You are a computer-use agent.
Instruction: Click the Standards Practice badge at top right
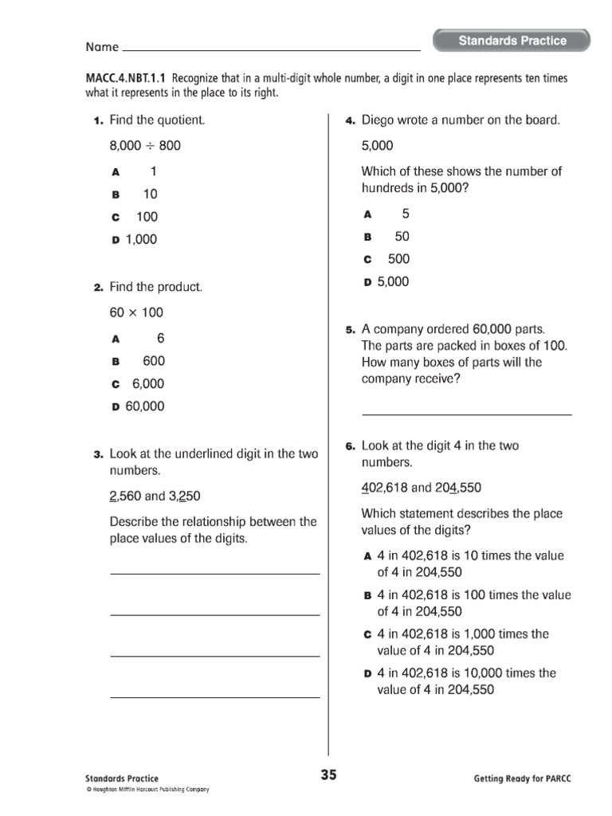point(512,41)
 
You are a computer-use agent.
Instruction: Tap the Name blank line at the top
point(271,49)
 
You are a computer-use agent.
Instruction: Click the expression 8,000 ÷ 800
point(145,146)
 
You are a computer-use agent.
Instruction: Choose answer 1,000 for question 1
point(141,239)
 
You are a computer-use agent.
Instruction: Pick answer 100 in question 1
point(147,217)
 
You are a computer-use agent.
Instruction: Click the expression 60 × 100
point(142,312)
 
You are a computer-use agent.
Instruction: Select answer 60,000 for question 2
point(144,406)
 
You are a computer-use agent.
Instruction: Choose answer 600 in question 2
point(154,361)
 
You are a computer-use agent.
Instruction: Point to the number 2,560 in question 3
point(125,496)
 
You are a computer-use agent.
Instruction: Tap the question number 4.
point(349,121)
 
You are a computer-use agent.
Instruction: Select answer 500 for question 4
point(398,259)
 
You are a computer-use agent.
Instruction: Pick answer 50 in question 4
point(402,237)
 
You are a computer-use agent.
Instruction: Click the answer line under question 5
point(466,413)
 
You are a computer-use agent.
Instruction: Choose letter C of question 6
point(367,635)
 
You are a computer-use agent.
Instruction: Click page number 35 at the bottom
point(328,775)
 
